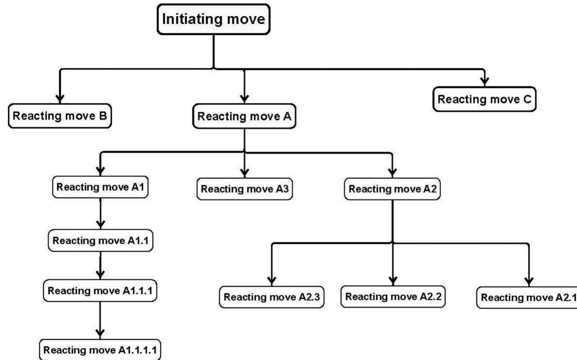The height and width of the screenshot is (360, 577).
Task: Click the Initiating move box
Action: point(214,19)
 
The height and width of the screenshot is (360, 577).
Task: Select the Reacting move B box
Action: point(60,116)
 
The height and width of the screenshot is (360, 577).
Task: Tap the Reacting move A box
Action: point(244,116)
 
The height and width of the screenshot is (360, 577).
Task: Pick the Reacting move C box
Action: point(485,99)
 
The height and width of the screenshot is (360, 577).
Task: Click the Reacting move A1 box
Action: point(100,187)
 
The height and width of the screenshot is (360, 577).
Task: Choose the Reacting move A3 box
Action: point(245,189)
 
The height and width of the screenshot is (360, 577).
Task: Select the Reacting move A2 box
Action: point(393,189)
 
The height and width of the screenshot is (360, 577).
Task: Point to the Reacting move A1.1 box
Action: point(101,241)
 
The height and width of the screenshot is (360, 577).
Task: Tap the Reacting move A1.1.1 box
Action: point(100,291)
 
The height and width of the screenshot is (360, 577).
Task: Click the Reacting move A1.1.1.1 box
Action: point(100,350)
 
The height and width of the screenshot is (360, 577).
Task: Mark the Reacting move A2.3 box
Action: point(272,297)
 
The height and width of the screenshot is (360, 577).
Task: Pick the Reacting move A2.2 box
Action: point(393,297)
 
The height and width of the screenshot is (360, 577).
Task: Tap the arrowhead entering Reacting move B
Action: point(60,98)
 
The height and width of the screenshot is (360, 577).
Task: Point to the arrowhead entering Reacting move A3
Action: point(244,172)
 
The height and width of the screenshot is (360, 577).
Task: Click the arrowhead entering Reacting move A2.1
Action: point(529,281)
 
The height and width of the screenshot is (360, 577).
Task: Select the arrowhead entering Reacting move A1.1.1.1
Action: point(100,333)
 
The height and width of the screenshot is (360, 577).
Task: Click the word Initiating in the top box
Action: point(187,19)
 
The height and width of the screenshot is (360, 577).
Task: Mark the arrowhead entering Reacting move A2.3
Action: point(272,280)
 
